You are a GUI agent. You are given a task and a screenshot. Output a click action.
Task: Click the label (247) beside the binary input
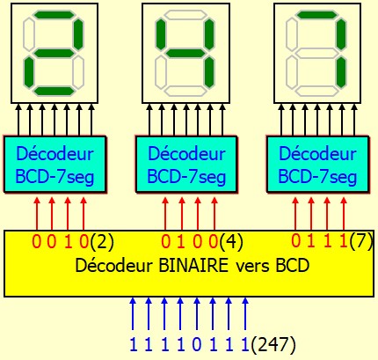tap(273, 344)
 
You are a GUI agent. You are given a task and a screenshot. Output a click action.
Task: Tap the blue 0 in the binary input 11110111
tap(197, 344)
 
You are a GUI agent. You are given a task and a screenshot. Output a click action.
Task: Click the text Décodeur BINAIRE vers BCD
tap(193, 266)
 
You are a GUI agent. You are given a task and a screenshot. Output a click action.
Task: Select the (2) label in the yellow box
tap(102, 242)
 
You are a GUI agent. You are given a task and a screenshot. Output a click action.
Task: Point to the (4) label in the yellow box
tap(231, 242)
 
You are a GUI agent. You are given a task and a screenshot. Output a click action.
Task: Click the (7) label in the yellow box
tap(361, 241)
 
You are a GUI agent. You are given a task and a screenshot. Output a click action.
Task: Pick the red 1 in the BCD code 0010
tap(68, 242)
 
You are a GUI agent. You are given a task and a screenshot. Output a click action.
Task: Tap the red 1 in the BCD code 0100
tap(181, 242)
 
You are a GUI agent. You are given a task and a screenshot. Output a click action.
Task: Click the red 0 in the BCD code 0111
tap(296, 241)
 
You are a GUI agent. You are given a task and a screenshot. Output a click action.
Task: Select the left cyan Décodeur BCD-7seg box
tap(55, 164)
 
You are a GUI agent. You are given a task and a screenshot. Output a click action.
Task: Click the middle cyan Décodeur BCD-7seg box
tap(186, 164)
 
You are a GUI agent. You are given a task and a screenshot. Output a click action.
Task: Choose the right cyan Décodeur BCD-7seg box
tap(317, 164)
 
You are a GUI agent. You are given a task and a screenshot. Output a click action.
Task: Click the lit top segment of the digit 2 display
tap(54, 15)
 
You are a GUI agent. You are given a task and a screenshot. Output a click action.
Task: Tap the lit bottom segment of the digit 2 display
tap(54, 91)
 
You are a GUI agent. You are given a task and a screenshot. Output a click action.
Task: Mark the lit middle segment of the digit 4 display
tap(185, 53)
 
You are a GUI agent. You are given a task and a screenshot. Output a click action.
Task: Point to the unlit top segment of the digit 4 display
tap(185, 15)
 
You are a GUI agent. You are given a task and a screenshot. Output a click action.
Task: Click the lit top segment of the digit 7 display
tap(316, 15)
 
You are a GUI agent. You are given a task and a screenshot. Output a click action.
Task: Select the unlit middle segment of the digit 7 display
tap(316, 53)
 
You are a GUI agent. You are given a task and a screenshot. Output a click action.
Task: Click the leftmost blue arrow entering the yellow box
tap(133, 314)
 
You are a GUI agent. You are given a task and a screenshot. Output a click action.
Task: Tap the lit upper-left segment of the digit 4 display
tap(161, 34)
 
